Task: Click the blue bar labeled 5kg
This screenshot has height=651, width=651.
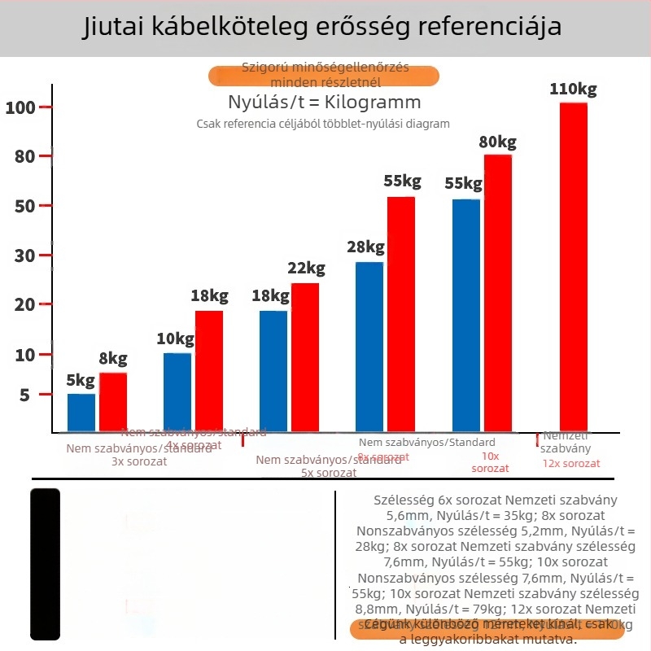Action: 81,413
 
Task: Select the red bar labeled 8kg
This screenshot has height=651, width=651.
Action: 113,402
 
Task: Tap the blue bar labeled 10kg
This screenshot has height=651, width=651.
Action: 177,392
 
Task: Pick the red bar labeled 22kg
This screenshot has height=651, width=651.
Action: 305,357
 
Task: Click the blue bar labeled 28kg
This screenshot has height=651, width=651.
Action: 369,347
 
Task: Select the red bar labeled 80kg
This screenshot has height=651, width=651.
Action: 498,293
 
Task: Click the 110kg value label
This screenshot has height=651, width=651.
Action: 573,89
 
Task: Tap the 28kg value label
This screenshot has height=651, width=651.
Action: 365,247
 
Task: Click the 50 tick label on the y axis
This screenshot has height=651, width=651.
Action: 24,206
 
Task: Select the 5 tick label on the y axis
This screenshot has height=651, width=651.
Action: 24,395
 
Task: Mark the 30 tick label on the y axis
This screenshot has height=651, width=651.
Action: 24,256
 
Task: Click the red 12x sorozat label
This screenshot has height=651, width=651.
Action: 571,463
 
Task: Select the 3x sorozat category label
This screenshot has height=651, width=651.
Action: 139,461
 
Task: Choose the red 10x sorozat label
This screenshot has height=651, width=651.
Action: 490,462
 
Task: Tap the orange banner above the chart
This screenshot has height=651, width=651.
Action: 324,76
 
